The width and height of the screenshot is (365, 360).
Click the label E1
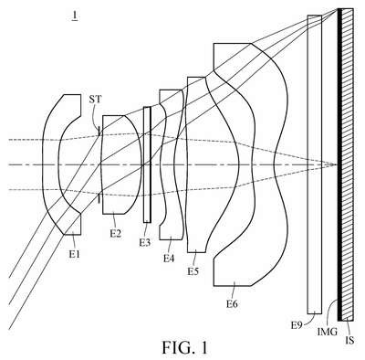pos(74,253)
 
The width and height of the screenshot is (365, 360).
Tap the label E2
pos(116,234)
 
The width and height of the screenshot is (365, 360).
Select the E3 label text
pos(145,242)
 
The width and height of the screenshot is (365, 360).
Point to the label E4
pos(169,259)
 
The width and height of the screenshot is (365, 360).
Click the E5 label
pos(193,270)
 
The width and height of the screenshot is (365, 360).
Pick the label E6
pos(232,303)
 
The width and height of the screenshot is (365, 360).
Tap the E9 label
pos(297,325)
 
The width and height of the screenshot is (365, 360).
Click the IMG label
pos(328,332)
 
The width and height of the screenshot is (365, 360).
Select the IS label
pos(349,340)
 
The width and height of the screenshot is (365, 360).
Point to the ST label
pos(96,100)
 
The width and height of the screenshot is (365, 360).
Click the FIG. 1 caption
pos(184,347)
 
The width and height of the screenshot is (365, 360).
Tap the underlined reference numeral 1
pos(74,16)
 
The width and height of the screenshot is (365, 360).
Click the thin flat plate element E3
pos(147,164)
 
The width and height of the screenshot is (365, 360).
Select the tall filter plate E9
pos(315,164)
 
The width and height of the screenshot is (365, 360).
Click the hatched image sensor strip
pos(348,164)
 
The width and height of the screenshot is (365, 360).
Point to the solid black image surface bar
pos(339,164)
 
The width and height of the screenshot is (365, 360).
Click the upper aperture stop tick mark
pos(99,132)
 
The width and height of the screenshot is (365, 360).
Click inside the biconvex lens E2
pos(121,164)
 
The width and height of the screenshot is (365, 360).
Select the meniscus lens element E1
pos(50,164)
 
